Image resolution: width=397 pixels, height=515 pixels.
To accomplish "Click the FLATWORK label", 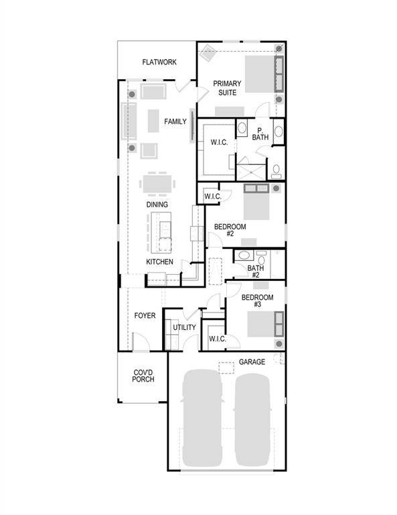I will click(159, 62).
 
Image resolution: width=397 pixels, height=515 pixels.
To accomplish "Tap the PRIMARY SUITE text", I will click(228, 88).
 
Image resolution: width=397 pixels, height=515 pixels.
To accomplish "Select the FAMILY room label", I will click(175, 121).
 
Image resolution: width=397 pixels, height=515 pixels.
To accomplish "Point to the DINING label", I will click(157, 205).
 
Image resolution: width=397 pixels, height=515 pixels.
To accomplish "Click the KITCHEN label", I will click(160, 262).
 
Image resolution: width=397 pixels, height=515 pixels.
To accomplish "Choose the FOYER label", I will click(145, 315).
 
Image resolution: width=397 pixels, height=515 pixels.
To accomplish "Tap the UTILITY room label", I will click(185, 327).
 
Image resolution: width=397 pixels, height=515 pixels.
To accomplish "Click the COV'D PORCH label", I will click(143, 376).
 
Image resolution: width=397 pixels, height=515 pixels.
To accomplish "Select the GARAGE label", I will click(252, 362).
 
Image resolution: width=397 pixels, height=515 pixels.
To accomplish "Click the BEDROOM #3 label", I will click(257, 300).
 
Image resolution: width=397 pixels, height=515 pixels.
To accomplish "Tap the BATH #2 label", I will click(256, 272).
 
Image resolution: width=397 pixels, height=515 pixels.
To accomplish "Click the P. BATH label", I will click(260, 133).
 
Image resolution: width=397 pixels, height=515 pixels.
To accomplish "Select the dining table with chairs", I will click(158, 183).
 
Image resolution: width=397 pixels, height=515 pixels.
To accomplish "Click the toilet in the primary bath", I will click(275, 170).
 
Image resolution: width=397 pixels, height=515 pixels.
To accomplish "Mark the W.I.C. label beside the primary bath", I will click(220, 142).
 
